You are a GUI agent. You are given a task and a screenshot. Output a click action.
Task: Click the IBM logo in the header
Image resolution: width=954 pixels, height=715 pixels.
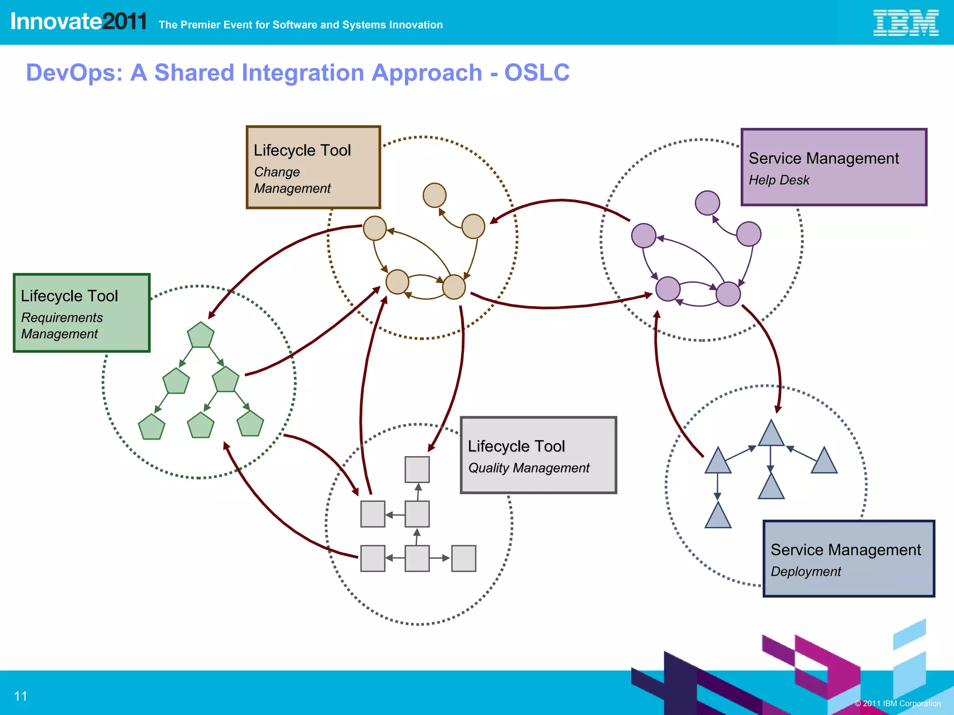coord(906,23)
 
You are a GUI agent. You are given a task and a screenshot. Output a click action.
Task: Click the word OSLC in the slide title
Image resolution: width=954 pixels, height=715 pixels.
coord(537,73)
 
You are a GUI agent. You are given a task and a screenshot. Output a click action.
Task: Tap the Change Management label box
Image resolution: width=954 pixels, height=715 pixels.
coord(313,167)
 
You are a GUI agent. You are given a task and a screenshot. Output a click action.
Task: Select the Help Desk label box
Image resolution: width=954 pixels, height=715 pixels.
coord(833,167)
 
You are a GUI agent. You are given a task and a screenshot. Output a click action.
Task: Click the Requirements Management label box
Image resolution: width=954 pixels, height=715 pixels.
coord(82,313)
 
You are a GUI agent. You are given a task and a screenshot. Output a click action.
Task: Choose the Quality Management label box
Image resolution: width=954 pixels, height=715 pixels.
coord(538,455)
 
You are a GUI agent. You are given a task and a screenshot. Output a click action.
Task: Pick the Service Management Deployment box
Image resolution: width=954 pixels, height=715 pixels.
coord(848,559)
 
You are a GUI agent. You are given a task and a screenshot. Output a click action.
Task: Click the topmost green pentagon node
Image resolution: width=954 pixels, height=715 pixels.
coord(201,335)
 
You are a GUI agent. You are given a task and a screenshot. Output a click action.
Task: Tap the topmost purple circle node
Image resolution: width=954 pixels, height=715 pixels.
coord(707,203)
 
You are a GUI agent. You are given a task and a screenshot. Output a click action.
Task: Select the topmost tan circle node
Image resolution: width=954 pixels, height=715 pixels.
coord(435,195)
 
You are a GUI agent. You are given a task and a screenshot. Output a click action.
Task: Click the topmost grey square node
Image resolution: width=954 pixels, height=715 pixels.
coord(417,469)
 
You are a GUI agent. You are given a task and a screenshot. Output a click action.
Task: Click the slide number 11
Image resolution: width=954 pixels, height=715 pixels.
coord(20,696)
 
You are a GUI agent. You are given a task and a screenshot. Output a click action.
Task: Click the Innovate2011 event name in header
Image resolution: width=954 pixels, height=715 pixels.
coord(78,21)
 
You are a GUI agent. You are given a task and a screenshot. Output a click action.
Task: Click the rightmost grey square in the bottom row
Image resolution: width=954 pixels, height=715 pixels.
coord(463,558)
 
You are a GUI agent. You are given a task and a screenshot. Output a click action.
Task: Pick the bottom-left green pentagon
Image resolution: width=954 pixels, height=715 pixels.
coord(152,427)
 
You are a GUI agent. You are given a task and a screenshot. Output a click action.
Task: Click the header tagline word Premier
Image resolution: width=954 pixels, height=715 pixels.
coord(199,25)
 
